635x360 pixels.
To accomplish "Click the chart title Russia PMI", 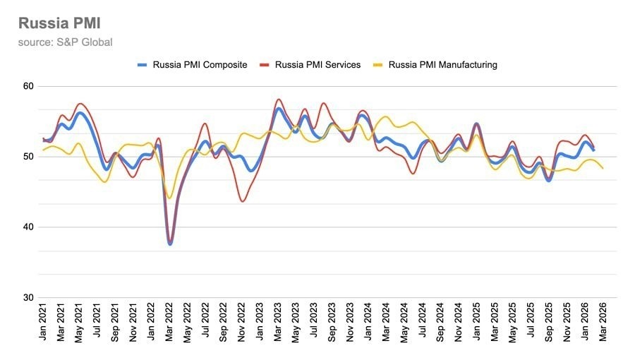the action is (x=59, y=23).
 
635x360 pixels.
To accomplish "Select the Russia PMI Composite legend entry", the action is (x=193, y=65).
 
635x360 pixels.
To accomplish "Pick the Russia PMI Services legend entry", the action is (x=310, y=65).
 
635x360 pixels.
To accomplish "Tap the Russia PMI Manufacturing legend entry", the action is (x=435, y=65).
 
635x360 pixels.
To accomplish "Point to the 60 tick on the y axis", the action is (x=28, y=86).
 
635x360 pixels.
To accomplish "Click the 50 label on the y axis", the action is (x=28, y=157).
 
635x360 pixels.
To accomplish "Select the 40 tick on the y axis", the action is (x=28, y=227).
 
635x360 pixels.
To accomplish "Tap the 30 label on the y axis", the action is (x=28, y=298).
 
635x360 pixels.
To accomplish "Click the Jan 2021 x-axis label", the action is (x=42, y=322).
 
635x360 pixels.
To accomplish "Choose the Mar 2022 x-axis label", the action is (x=169, y=322).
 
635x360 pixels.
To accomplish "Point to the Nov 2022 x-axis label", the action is (x=241, y=322).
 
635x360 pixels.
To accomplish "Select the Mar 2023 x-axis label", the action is (x=277, y=322).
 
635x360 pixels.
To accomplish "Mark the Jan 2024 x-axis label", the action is (x=368, y=322).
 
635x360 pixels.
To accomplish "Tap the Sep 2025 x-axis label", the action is (x=548, y=323).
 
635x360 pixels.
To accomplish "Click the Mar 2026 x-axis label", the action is (x=603, y=322).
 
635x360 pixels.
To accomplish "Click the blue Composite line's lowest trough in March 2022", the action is (x=169, y=244).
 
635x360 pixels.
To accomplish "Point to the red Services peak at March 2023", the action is (x=279, y=100).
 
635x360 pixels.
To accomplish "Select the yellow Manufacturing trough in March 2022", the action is (x=169, y=198).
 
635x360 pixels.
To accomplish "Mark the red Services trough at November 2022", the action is (x=242, y=201).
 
